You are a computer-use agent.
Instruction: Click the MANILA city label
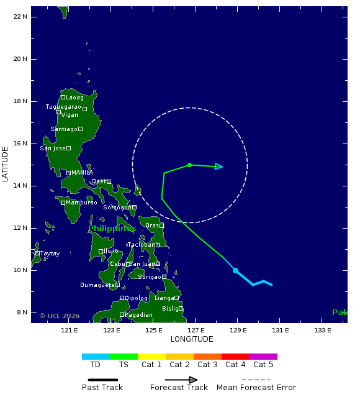[82, 173]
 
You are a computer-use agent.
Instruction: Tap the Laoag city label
[74, 98]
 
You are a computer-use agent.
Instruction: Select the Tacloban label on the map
[142, 245]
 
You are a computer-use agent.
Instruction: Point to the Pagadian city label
[138, 315]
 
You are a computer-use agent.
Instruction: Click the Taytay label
[50, 253]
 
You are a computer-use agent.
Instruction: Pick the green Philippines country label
[111, 229]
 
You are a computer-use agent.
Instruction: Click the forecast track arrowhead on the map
[219, 167]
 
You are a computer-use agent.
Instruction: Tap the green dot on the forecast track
[189, 165]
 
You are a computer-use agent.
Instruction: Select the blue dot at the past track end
[236, 270]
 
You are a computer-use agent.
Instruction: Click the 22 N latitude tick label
[20, 17]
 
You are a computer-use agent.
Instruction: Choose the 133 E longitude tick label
[322, 330]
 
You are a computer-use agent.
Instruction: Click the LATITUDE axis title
[6, 164]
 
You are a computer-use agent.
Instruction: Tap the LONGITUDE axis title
[192, 339]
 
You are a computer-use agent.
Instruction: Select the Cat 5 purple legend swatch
[263, 357]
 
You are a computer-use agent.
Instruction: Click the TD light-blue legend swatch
[96, 357]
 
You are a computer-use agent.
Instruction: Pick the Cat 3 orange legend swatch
[207, 357]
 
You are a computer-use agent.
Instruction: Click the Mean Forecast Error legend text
[256, 388]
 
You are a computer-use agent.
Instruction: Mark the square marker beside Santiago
[80, 129]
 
